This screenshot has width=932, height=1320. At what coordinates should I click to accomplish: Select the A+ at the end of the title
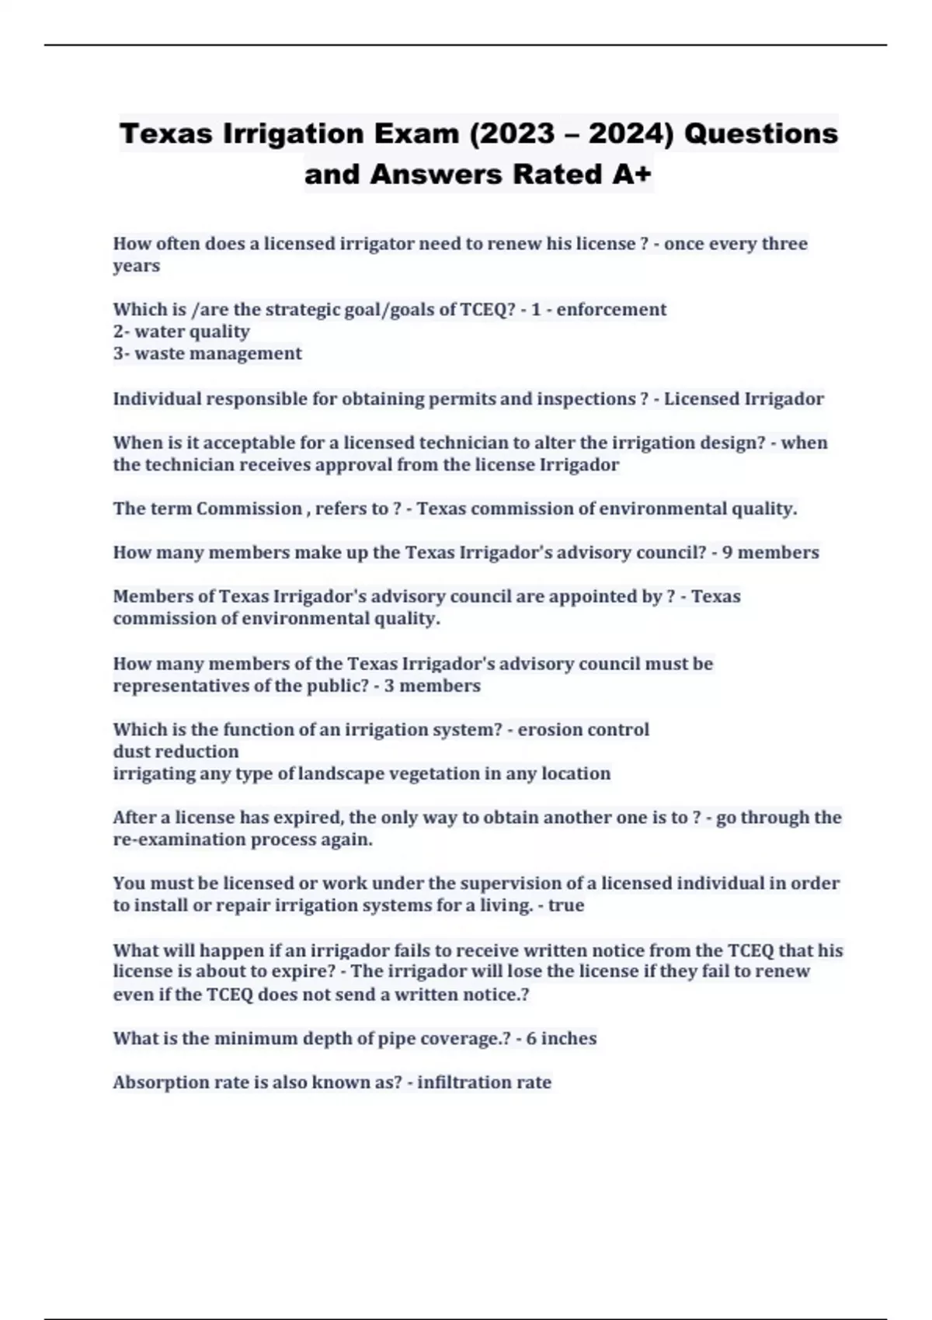coord(631,174)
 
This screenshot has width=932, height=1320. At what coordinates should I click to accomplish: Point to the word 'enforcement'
coord(611,309)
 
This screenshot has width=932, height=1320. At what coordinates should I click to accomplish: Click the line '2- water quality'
coord(181,332)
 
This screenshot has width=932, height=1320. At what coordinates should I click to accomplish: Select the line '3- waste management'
coord(207,353)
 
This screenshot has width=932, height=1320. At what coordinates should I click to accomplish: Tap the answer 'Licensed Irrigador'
coord(743,399)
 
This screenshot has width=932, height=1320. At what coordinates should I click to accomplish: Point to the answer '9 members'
coord(770,552)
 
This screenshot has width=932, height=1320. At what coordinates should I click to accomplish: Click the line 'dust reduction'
coord(176,752)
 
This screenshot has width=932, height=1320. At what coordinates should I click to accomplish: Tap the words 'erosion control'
coord(583,729)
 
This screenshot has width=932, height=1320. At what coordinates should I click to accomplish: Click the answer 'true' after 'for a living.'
coord(566,905)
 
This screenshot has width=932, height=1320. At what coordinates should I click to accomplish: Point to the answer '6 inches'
coord(562,1038)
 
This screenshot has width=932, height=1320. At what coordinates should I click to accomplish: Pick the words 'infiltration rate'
coord(484,1082)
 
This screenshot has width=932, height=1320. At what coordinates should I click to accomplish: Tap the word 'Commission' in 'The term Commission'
coord(249,509)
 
